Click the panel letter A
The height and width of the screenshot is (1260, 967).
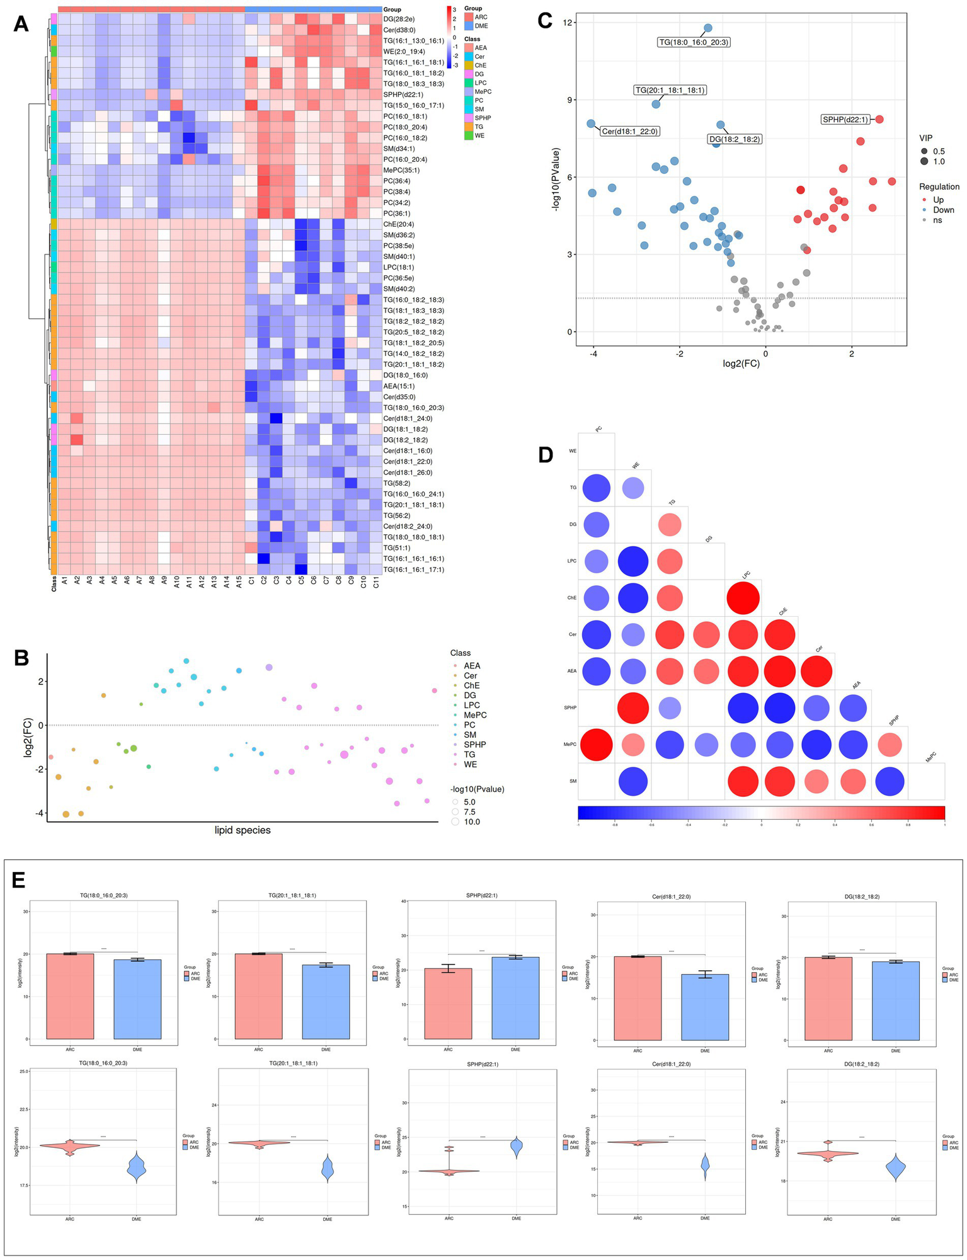(21, 24)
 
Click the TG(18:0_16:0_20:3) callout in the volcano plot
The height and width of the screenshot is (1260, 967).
(694, 42)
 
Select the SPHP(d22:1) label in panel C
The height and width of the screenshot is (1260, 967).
(845, 120)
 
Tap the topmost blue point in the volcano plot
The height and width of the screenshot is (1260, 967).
(707, 28)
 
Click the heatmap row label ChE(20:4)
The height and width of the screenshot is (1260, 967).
(399, 224)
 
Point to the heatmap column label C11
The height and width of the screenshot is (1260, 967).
(376, 583)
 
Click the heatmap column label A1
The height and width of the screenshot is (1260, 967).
(64, 583)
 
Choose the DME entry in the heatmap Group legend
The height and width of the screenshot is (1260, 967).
(481, 26)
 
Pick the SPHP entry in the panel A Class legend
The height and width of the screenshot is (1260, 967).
(483, 118)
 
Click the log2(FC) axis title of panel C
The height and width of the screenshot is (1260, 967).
(741, 364)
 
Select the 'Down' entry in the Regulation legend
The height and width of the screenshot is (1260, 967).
(943, 210)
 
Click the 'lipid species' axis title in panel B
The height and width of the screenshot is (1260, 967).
(243, 830)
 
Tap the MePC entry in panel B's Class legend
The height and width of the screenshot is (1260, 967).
(475, 715)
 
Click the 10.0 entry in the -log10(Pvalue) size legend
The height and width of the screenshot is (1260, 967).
(471, 822)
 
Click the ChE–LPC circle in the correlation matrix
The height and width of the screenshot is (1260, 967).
(743, 598)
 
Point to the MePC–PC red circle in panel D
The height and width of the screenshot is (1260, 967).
(596, 744)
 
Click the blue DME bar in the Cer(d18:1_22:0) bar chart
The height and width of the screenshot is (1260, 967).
(705, 1007)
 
